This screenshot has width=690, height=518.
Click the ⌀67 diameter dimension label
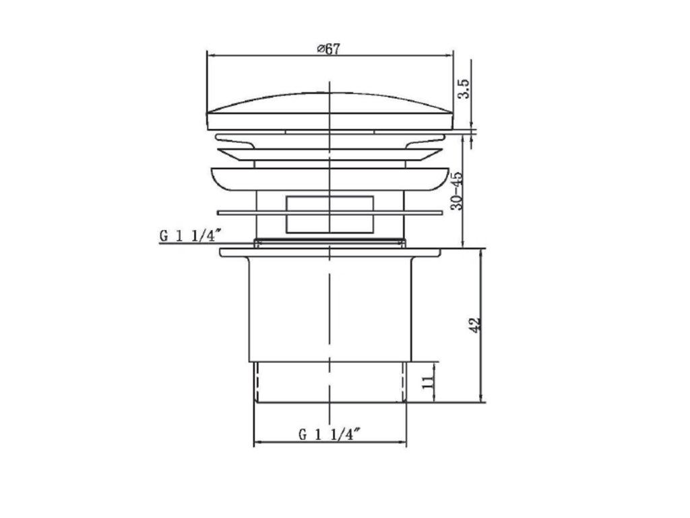tap(329, 49)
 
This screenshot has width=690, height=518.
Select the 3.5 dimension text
tap(465, 88)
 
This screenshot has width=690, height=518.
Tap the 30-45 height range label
tap(458, 190)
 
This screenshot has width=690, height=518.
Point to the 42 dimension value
tap(476, 324)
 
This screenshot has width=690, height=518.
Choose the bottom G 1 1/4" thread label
tap(330, 435)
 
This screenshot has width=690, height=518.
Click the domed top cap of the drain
tap(330, 111)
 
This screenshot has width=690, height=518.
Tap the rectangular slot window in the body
tap(330, 214)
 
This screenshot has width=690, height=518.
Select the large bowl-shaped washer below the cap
tap(330, 179)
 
